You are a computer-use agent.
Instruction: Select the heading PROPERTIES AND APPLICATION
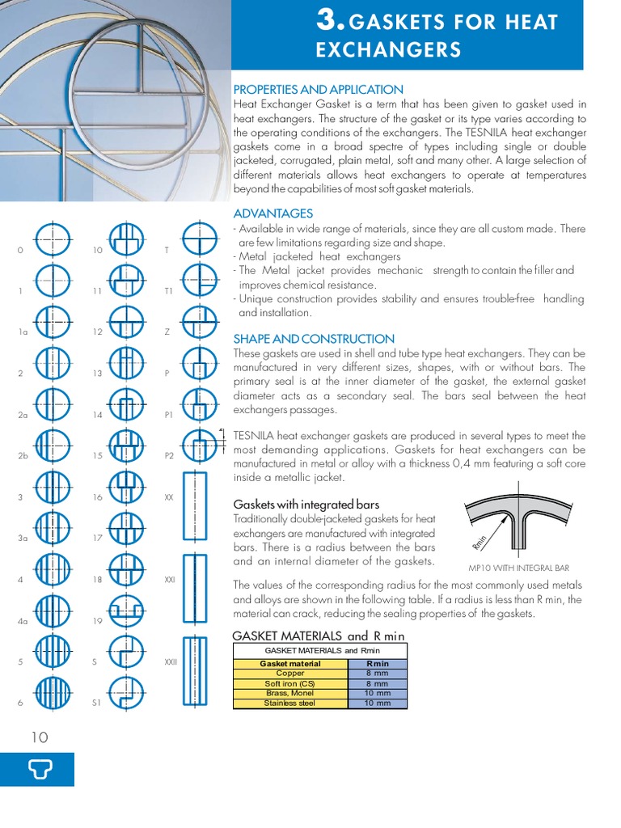pyautogui.click(x=318, y=90)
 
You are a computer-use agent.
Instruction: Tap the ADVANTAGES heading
pyautogui.click(x=272, y=213)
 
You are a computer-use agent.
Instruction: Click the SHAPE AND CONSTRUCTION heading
pyautogui.click(x=314, y=339)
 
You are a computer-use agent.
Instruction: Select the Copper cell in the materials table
pyautogui.click(x=289, y=673)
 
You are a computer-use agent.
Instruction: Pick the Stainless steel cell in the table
pyautogui.click(x=289, y=703)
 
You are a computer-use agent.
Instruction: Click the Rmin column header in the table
pyautogui.click(x=377, y=663)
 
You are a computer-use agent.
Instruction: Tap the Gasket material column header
pyautogui.click(x=289, y=663)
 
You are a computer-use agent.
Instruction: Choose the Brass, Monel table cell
pyautogui.click(x=289, y=693)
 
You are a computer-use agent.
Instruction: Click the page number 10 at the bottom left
pyautogui.click(x=40, y=737)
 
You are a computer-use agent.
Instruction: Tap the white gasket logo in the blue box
pyautogui.click(x=37, y=769)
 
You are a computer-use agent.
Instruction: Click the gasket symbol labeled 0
pyautogui.click(x=54, y=240)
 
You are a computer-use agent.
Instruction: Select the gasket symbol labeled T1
pyautogui.click(x=199, y=282)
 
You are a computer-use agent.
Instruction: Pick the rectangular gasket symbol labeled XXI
pyautogui.click(x=195, y=588)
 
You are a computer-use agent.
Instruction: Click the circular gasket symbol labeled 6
pyautogui.click(x=54, y=693)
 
